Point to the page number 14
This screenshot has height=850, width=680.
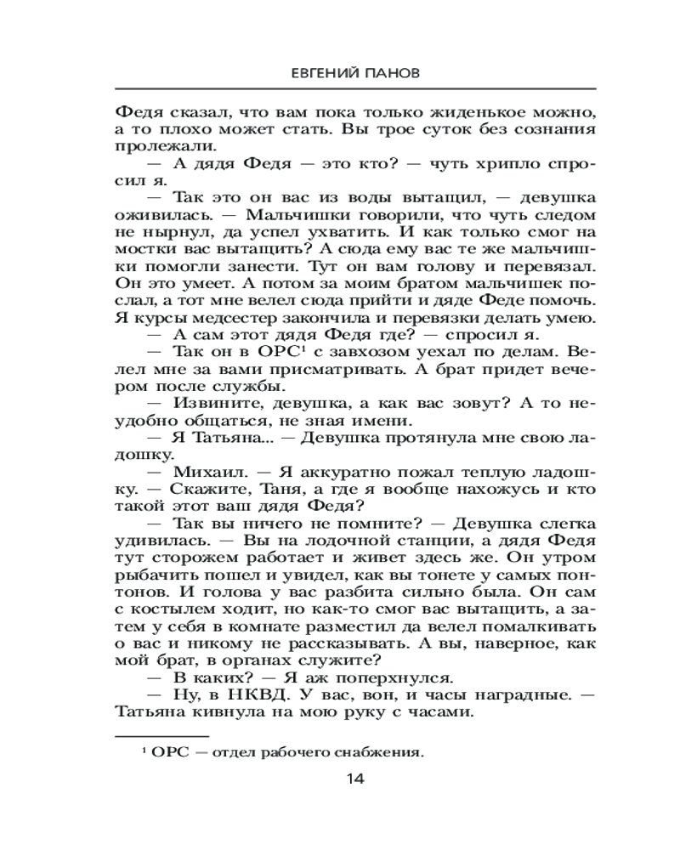[x=354, y=779]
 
